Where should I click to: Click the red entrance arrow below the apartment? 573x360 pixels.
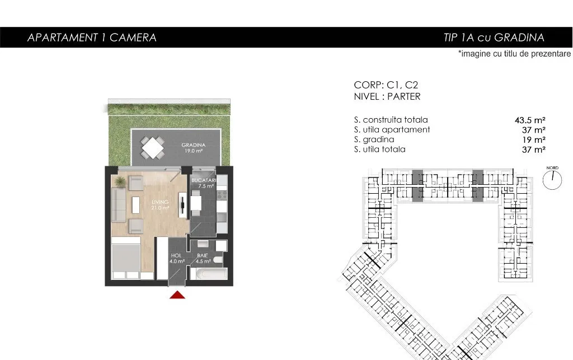pyautogui.click(x=177, y=295)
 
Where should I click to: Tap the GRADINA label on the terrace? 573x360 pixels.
pyautogui.click(x=193, y=145)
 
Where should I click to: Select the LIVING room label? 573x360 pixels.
pyautogui.click(x=160, y=202)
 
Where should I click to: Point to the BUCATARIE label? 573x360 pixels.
pyautogui.click(x=204, y=180)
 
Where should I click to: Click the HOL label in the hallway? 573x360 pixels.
pyautogui.click(x=176, y=255)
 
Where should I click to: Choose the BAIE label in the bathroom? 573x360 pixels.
pyautogui.click(x=203, y=255)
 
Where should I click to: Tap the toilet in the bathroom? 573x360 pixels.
pyautogui.click(x=218, y=260)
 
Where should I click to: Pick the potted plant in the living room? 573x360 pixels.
pyautogui.click(x=119, y=181)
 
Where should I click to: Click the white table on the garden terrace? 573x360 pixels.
pyautogui.click(x=153, y=148)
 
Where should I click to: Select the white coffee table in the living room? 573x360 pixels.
pyautogui.click(x=136, y=205)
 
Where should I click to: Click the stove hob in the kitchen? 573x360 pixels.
pyautogui.click(x=222, y=195)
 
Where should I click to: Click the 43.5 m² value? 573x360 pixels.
pyautogui.click(x=530, y=120)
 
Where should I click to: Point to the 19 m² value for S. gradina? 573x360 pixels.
pyautogui.click(x=534, y=139)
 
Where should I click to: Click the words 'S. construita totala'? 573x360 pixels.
pyautogui.click(x=391, y=119)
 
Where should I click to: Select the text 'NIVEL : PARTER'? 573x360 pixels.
pyautogui.click(x=387, y=96)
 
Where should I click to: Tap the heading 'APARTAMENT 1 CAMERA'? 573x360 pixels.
pyautogui.click(x=92, y=38)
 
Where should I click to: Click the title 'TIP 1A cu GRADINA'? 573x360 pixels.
pyautogui.click(x=494, y=38)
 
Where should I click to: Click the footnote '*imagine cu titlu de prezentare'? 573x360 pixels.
pyautogui.click(x=514, y=54)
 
